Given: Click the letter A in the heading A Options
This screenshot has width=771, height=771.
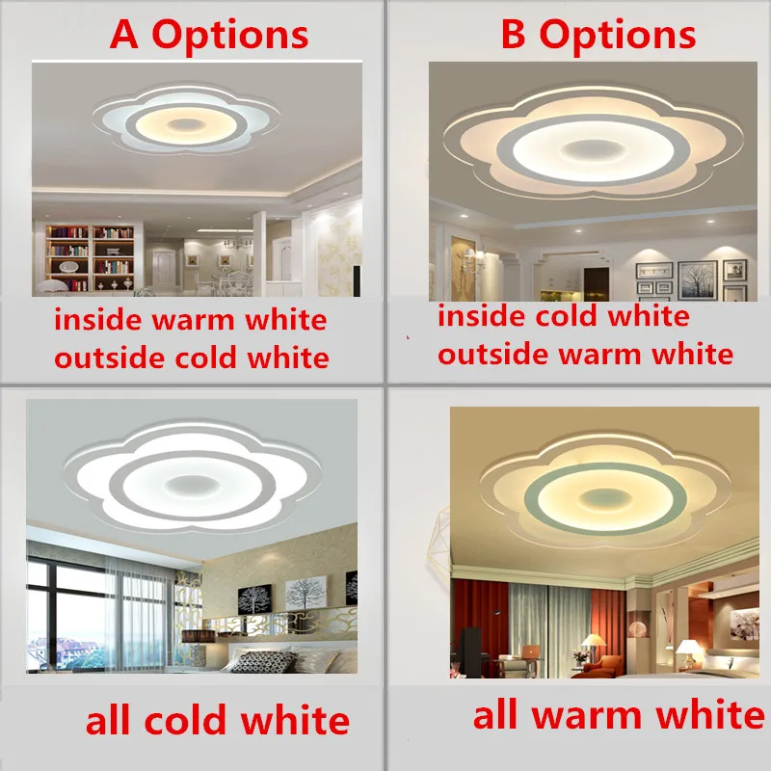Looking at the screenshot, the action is pos(124,35).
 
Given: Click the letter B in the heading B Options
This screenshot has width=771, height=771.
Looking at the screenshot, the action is pos(513,35).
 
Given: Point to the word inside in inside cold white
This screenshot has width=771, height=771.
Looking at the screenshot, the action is pos(481,316).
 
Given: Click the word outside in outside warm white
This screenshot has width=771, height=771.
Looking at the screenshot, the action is pos(492,354).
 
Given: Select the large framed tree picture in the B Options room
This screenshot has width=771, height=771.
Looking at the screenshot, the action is pos(697,279).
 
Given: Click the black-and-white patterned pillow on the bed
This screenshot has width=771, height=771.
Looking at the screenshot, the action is pos(265,662).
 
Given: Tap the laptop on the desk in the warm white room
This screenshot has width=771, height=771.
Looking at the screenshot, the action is pos(531,652).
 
